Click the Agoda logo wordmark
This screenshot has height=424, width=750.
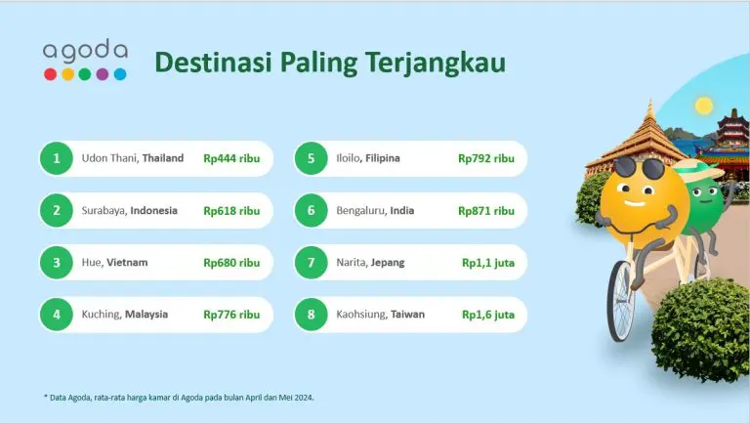click(x=85, y=50)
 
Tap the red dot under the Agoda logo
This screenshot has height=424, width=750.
click(x=50, y=74)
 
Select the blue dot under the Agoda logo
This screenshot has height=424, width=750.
click(x=120, y=74)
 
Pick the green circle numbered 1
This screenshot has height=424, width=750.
click(x=57, y=158)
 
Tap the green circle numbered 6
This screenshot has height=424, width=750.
click(x=311, y=211)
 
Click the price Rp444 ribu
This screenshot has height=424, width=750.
click(x=231, y=158)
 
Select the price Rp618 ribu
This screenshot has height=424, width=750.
click(x=231, y=211)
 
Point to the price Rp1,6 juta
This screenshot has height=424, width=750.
click(x=488, y=315)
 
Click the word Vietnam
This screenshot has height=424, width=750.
click(x=127, y=262)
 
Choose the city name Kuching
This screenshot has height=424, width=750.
click(x=101, y=315)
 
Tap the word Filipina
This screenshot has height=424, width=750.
click(x=383, y=158)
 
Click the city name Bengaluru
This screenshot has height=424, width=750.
click(x=361, y=211)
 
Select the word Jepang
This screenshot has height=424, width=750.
click(x=388, y=263)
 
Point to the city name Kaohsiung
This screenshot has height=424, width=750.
click(x=361, y=315)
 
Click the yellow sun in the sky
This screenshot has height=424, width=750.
click(x=703, y=106)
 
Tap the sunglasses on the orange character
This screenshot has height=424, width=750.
click(x=639, y=168)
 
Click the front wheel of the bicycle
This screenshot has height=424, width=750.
click(x=621, y=301)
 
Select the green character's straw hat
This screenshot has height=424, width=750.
click(x=698, y=169)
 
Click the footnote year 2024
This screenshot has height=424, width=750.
click(x=305, y=398)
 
